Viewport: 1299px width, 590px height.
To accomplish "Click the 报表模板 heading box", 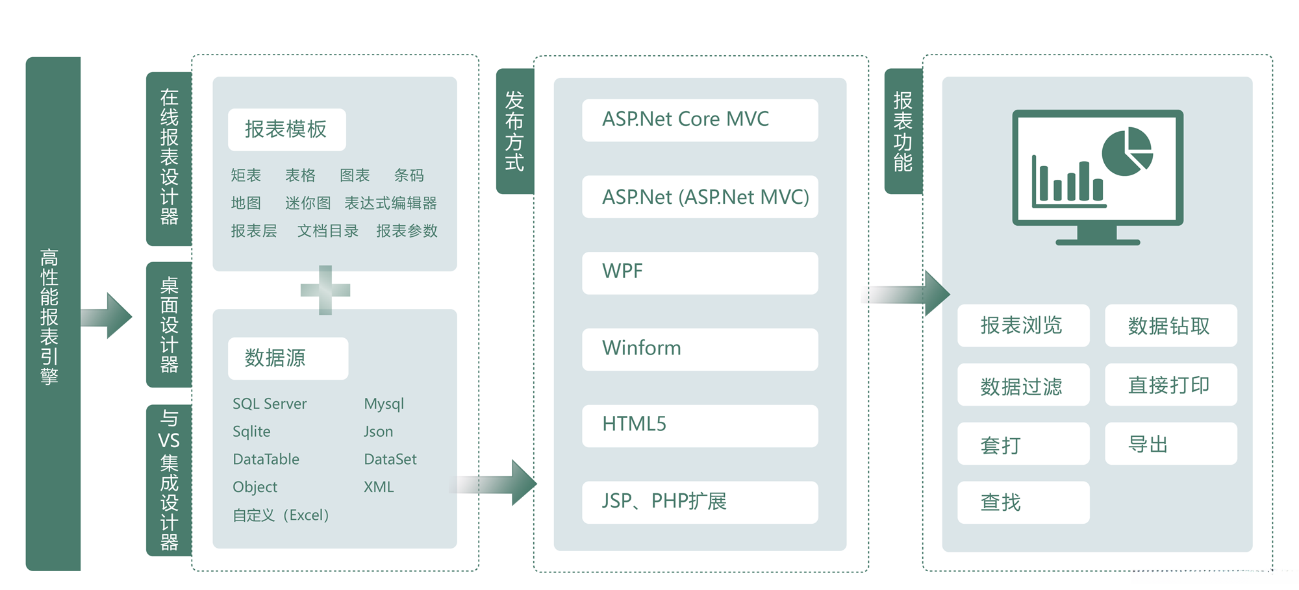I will pyautogui.click(x=286, y=130).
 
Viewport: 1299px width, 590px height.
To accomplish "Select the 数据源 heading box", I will pyautogui.click(x=288, y=358).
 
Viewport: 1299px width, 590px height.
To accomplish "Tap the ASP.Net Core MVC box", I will pyautogui.click(x=700, y=120).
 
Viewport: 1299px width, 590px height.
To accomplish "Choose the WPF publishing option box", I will pyautogui.click(x=700, y=273).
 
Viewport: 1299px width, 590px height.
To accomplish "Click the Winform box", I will pyautogui.click(x=700, y=349).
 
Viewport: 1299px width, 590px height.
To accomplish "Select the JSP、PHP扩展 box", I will pyautogui.click(x=700, y=502).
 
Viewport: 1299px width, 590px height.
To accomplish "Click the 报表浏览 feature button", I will pyautogui.click(x=1023, y=325).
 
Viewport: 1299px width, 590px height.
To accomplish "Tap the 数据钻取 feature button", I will pyautogui.click(x=1170, y=325).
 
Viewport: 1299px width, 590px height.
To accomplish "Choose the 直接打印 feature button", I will pyautogui.click(x=1170, y=385).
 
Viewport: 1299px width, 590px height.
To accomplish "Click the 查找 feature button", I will pyautogui.click(x=1023, y=502).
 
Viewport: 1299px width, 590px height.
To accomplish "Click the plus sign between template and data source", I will pyautogui.click(x=325, y=290).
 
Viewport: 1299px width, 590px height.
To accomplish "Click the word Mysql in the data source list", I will pyautogui.click(x=384, y=404).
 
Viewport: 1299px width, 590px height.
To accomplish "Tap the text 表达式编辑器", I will pyautogui.click(x=390, y=203).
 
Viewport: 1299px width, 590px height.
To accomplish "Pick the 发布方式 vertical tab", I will pyautogui.click(x=514, y=131).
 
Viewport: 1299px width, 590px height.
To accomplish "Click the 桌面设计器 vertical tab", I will pyautogui.click(x=169, y=325).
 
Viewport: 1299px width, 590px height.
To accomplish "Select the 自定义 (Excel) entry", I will pyautogui.click(x=281, y=515).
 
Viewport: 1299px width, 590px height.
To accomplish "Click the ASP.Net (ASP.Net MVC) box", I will pyautogui.click(x=700, y=197).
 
